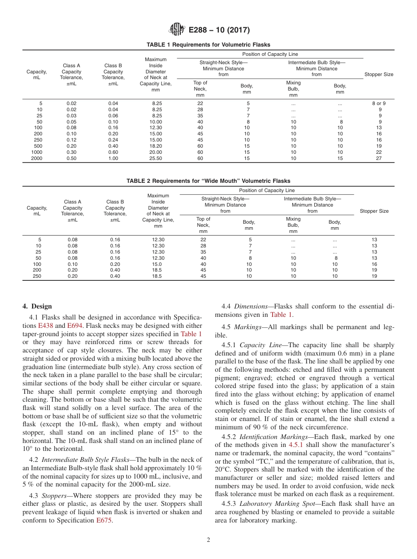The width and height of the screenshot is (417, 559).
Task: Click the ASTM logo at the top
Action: (177, 30)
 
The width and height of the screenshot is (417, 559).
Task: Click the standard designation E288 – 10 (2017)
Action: (219, 30)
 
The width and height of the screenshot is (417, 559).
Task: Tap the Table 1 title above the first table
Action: (208, 45)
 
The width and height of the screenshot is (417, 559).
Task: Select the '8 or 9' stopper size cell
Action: (379, 103)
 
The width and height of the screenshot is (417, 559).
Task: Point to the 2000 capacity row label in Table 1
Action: (37, 159)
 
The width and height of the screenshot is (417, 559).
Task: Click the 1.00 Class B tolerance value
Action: (113, 159)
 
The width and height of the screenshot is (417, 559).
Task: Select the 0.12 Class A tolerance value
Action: (72, 140)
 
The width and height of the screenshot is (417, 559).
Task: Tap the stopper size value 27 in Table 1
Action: (379, 159)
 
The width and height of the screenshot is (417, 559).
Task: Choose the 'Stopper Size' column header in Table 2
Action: (374, 211)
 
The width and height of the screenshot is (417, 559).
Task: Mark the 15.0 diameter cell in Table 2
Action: (158, 264)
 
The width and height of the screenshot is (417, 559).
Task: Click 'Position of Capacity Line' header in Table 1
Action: (270, 54)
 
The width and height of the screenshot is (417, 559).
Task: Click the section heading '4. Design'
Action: (37, 306)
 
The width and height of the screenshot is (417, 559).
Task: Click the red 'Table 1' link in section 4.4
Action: (281, 315)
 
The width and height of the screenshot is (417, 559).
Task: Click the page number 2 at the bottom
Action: (208, 540)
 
